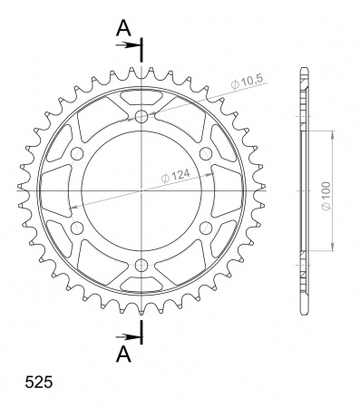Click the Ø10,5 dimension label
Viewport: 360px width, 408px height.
pos(247,82)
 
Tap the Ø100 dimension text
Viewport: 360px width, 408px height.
pos(326,196)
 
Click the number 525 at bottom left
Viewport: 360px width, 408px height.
pos(39,382)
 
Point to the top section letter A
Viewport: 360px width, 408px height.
pos(124,28)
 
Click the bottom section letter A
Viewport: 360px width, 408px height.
pos(124,354)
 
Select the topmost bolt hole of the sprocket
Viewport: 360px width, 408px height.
pos(141,116)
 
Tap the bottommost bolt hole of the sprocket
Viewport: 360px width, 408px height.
pos(141,266)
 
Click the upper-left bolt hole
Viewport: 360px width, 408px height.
pos(77,153)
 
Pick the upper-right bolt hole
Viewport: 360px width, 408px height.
pos(206,153)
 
